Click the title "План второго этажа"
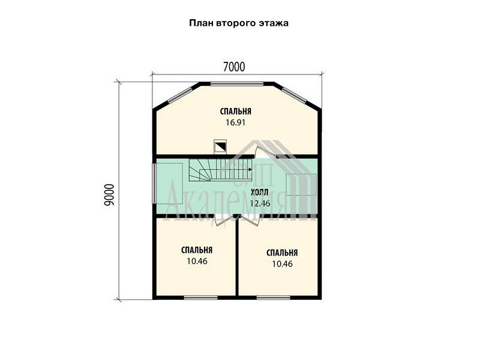[x=238, y=23]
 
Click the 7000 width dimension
[x=234, y=67]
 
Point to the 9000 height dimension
[x=109, y=194]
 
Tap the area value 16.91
[x=235, y=123]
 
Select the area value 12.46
[x=260, y=203]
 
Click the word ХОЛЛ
[x=260, y=193]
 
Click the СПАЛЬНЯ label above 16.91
[x=235, y=112]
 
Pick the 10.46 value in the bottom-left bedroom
[x=197, y=262]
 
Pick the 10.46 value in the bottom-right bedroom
[x=282, y=263]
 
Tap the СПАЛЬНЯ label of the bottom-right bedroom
[x=282, y=253]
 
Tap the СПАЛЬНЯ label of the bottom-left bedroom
[x=197, y=250]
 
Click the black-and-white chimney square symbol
[x=220, y=146]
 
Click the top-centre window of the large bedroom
[x=236, y=83]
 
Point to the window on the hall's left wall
[x=155, y=183]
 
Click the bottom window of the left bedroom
[x=200, y=297]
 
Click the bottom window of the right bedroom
[x=273, y=297]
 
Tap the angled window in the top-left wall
[x=179, y=95]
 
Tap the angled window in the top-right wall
[x=294, y=95]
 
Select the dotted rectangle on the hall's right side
[x=301, y=185]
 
